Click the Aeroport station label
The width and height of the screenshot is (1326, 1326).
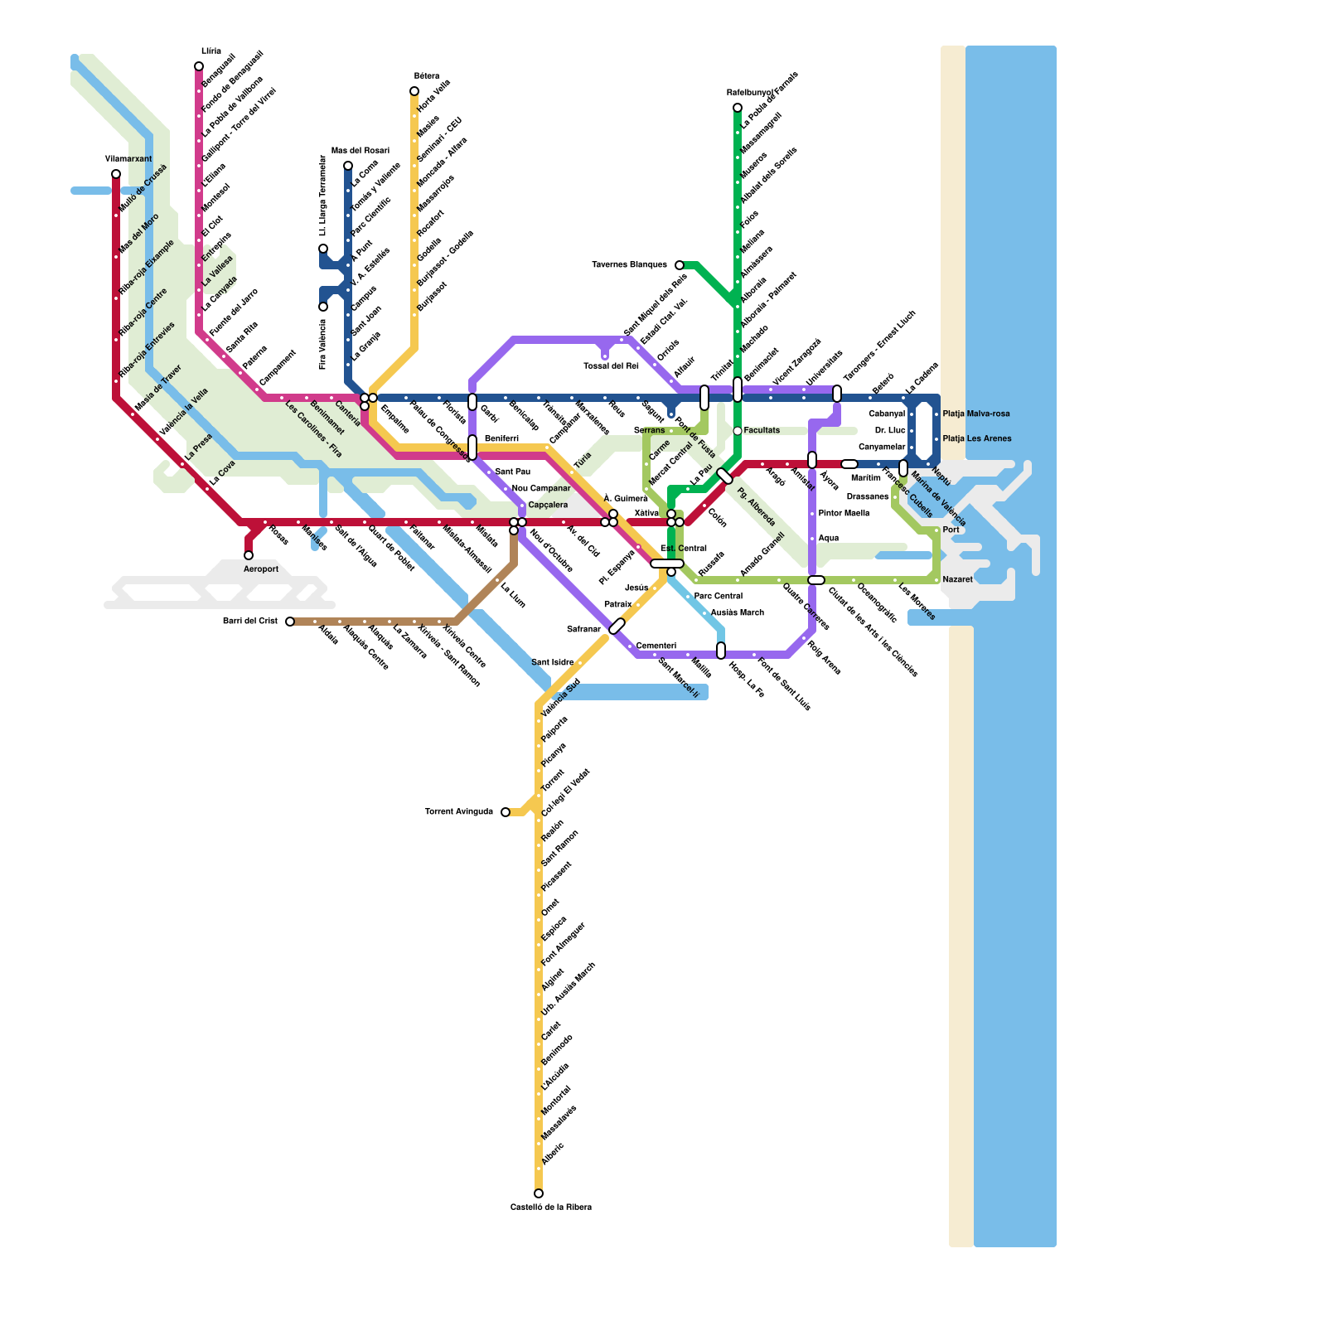(261, 569)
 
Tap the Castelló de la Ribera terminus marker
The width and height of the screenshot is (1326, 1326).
(539, 1193)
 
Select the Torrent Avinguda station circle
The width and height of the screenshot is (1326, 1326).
(506, 812)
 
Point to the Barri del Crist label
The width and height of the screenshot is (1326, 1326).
(250, 621)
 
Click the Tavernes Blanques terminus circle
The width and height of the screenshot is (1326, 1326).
(680, 265)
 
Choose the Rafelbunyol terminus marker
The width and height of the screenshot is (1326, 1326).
(738, 108)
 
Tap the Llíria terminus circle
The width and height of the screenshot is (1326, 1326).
(199, 66)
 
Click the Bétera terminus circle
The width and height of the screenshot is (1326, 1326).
(414, 91)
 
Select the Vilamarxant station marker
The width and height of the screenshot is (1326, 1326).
(116, 174)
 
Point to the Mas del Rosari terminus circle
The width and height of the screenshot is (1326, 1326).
(348, 166)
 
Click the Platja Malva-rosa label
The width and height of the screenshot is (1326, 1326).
(976, 414)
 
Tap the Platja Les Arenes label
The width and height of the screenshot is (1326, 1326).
(977, 438)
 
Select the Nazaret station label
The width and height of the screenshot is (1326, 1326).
(958, 579)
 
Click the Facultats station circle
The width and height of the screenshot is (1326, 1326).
(738, 431)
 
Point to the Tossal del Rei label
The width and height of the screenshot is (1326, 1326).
(611, 365)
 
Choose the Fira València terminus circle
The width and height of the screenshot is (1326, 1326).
(323, 307)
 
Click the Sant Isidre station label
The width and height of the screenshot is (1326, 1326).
(552, 662)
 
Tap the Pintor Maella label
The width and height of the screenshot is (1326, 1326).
(844, 513)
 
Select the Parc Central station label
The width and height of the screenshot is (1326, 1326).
(718, 596)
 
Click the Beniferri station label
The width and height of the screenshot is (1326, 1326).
(501, 438)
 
